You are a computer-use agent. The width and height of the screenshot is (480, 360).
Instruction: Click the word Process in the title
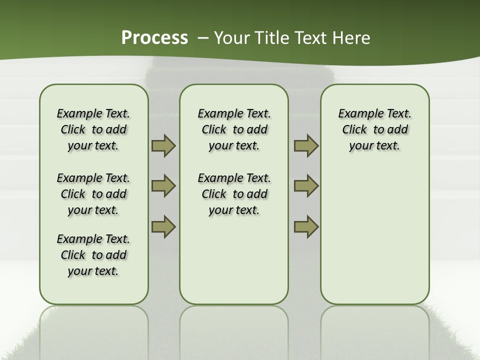pyautogui.click(x=154, y=38)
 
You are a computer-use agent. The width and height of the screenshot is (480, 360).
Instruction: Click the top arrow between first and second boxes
pyautogui.click(x=163, y=146)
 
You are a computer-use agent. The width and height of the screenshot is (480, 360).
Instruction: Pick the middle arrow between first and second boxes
pyautogui.click(x=163, y=186)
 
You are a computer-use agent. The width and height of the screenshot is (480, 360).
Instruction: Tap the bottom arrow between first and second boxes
pyautogui.click(x=163, y=226)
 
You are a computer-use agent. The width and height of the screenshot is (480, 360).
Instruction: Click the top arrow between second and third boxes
pyautogui.click(x=306, y=146)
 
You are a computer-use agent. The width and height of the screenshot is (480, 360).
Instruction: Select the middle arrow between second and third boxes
pyautogui.click(x=306, y=186)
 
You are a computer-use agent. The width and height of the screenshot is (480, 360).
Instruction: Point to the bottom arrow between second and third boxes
pyautogui.click(x=306, y=226)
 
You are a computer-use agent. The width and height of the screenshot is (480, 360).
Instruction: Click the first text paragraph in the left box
pyautogui.click(x=93, y=129)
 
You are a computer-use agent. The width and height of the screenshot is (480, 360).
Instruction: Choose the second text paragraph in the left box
pyautogui.click(x=93, y=194)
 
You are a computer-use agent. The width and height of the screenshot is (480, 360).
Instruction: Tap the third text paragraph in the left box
pyautogui.click(x=93, y=255)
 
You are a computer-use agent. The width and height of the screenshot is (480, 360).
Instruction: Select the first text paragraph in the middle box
pyautogui.click(x=234, y=129)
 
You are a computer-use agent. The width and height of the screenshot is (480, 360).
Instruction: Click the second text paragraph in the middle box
pyautogui.click(x=234, y=194)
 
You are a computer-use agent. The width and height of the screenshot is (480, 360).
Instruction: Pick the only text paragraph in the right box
pyautogui.click(x=375, y=129)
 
